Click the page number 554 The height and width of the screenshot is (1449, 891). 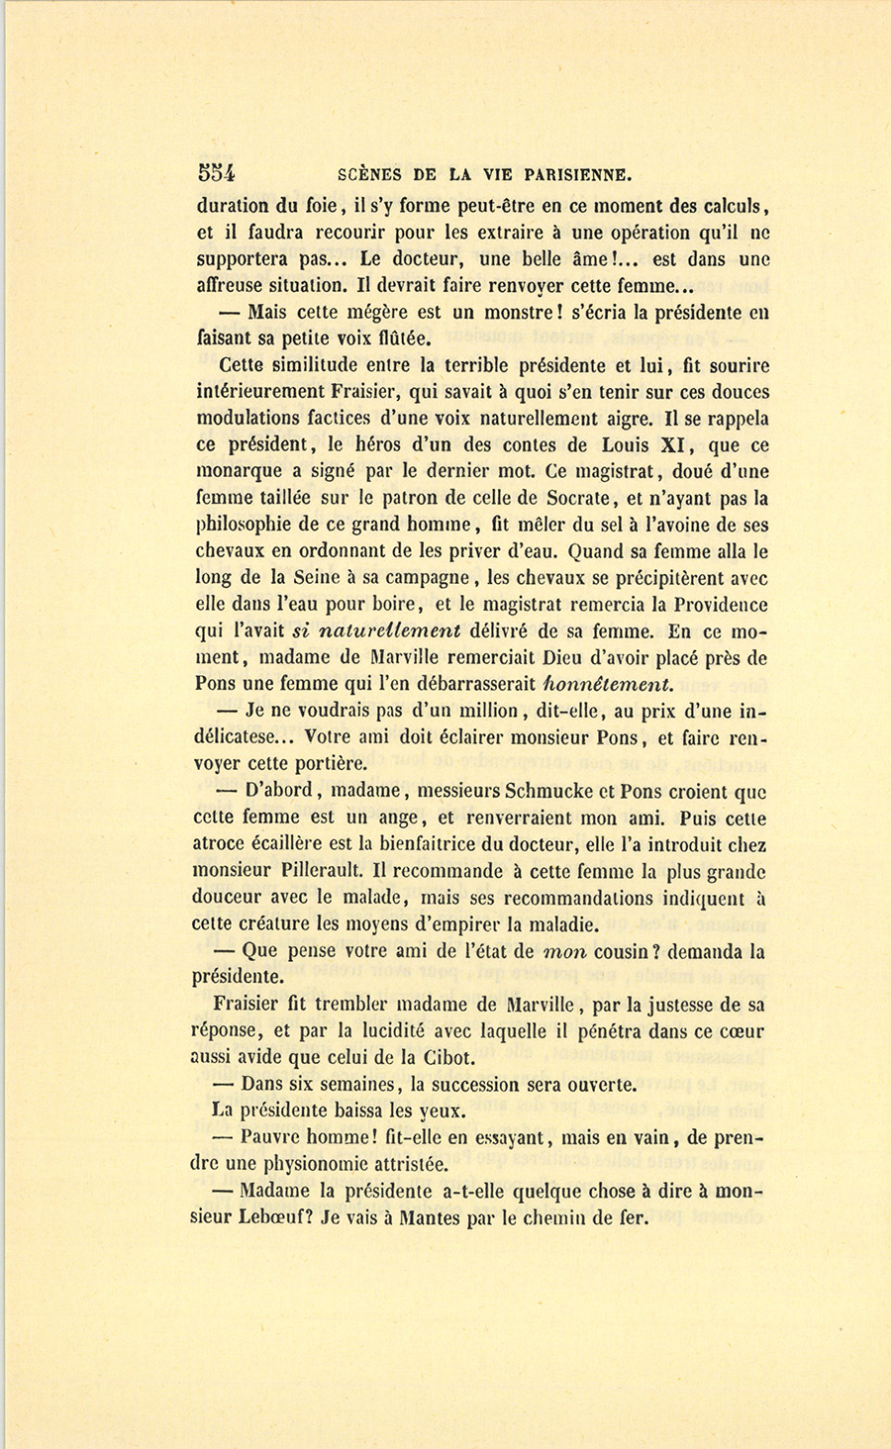[216, 173]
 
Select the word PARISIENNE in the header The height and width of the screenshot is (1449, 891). [567, 175]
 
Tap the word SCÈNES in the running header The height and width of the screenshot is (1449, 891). [368, 175]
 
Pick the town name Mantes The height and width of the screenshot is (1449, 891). [429, 1218]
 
